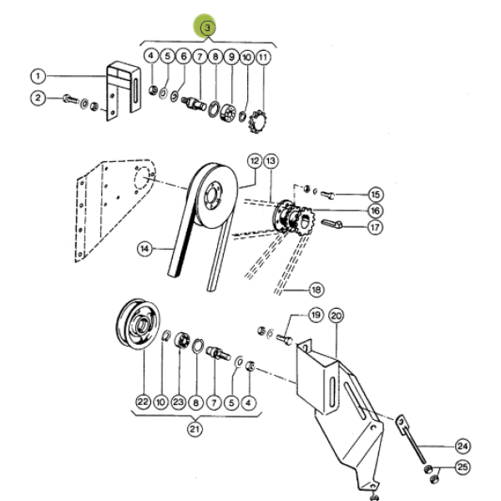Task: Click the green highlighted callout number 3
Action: (207, 28)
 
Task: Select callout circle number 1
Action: (38, 76)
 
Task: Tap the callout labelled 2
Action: (38, 98)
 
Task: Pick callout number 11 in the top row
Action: (263, 58)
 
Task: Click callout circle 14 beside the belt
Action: (144, 249)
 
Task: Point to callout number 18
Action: (316, 290)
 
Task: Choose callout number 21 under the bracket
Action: (195, 429)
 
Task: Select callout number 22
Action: (143, 402)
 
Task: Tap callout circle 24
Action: (463, 446)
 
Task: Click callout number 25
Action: (463, 467)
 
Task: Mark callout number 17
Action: (375, 227)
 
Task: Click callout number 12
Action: (255, 161)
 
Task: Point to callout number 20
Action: (337, 316)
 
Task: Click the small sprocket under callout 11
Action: (257, 121)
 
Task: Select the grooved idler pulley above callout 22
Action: (138, 324)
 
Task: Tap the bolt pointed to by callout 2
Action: (71, 99)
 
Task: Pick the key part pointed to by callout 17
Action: (331, 223)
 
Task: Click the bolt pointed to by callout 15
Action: (327, 195)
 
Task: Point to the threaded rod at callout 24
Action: (412, 440)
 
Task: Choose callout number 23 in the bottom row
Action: (179, 402)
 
